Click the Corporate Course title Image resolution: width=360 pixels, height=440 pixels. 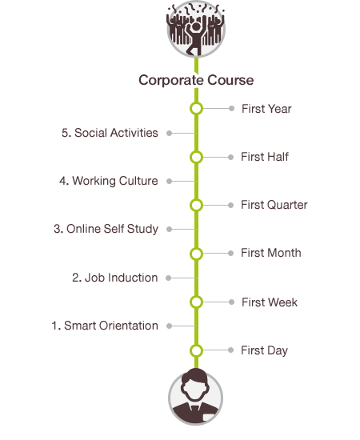click(x=196, y=80)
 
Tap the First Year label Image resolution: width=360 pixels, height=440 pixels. click(x=266, y=109)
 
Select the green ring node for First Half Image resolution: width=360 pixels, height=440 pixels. click(x=197, y=157)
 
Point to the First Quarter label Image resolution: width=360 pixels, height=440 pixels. click(x=274, y=205)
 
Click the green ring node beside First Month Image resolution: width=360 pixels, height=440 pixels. click(x=197, y=254)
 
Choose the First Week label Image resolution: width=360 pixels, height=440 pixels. click(x=270, y=302)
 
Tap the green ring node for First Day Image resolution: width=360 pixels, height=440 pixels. click(x=197, y=350)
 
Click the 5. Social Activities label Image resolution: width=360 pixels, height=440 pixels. click(x=110, y=133)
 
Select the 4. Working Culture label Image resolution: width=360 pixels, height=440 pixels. click(x=109, y=181)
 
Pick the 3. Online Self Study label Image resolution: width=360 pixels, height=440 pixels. click(x=106, y=229)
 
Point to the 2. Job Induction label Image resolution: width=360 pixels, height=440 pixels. click(x=114, y=278)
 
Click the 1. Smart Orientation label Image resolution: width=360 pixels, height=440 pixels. click(x=105, y=326)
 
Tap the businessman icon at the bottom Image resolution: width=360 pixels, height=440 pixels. click(x=196, y=397)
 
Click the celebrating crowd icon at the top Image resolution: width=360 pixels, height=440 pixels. click(x=196, y=29)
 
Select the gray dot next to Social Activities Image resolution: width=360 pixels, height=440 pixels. click(x=169, y=133)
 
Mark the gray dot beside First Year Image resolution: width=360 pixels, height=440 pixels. click(x=231, y=109)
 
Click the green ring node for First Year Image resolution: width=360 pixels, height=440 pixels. click(x=197, y=109)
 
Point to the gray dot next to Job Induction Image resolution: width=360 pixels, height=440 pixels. click(x=168, y=278)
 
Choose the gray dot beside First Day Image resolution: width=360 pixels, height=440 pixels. click(x=230, y=350)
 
